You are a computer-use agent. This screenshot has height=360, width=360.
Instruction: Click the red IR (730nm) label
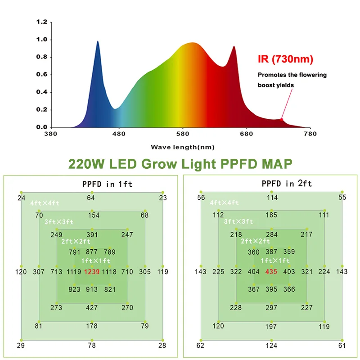(285, 59)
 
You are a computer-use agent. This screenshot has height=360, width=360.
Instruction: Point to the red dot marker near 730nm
(282, 119)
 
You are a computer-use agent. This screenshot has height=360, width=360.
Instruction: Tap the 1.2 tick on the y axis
(42, 22)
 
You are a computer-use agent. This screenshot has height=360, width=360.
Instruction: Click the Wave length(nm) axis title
(182, 147)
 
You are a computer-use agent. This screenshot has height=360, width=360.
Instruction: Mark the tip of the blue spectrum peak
(98, 41)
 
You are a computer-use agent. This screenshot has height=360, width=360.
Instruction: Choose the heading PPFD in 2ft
(287, 184)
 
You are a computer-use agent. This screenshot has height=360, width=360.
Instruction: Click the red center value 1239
(92, 272)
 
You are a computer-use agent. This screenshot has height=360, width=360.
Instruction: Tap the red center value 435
(271, 272)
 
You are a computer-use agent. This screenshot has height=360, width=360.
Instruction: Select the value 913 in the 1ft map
(92, 290)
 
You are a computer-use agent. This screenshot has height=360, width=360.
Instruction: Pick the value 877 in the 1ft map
(92, 252)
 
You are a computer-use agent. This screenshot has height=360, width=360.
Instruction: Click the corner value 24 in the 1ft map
(21, 198)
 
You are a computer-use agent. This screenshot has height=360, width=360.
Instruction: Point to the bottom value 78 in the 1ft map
(92, 346)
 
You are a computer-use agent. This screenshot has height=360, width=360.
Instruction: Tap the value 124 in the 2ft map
(271, 346)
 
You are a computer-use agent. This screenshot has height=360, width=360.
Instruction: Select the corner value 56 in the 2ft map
(201, 198)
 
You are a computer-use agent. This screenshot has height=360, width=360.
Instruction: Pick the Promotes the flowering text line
(292, 75)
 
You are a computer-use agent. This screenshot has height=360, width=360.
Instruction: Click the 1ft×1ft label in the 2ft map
(275, 261)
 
